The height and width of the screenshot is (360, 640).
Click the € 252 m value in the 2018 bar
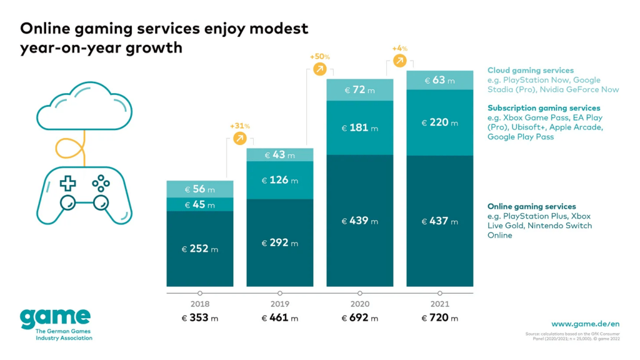click(x=199, y=249)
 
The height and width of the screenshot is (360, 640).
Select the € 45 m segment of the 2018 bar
click(x=199, y=205)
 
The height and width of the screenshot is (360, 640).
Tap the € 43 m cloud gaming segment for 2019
click(x=279, y=155)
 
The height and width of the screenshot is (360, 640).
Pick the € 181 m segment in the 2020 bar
click(x=359, y=128)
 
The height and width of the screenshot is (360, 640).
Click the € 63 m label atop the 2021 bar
click(x=439, y=80)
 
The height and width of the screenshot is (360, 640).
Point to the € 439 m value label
click(x=359, y=221)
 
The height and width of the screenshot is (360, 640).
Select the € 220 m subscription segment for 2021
click(x=439, y=122)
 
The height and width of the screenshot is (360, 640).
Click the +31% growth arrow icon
click(x=239, y=139)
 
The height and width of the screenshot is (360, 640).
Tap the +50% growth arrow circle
click(x=319, y=69)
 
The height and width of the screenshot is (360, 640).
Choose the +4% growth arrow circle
click(x=399, y=60)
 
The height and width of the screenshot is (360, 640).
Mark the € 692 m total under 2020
click(x=359, y=318)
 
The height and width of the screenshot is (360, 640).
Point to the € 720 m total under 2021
click(x=439, y=318)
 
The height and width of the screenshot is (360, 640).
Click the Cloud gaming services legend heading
click(x=531, y=71)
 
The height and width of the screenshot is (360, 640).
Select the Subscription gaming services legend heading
click(x=544, y=108)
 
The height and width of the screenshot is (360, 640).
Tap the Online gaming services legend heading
click(x=532, y=206)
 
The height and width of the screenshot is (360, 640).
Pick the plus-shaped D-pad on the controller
click(x=67, y=183)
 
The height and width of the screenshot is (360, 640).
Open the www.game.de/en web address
click(x=585, y=324)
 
